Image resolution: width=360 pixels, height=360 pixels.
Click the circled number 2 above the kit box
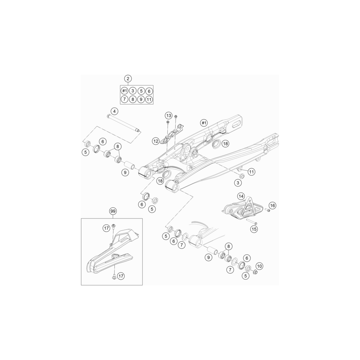[x=128, y=79]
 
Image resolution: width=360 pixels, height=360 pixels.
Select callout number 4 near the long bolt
[x=114, y=111]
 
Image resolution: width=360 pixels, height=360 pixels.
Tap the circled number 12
[x=156, y=141]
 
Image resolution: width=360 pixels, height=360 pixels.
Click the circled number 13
[x=168, y=115]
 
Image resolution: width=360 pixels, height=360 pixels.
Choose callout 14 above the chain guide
[x=241, y=196]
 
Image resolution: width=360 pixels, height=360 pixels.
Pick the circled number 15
[x=254, y=229]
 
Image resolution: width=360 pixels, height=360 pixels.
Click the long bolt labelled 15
[x=252, y=222]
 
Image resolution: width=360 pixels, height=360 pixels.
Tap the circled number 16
[x=273, y=206]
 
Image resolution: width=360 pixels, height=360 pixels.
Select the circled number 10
[x=259, y=266]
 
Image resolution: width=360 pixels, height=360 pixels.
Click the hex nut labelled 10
[x=255, y=272]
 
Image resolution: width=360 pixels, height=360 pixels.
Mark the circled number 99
[x=112, y=211]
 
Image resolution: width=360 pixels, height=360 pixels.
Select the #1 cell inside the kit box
[x=125, y=91]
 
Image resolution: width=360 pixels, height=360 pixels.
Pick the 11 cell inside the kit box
[x=149, y=100]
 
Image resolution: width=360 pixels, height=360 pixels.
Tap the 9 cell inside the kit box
[x=141, y=100]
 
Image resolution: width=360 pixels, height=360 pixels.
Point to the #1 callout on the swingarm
[x=204, y=123]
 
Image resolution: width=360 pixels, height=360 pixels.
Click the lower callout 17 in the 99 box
[x=121, y=276]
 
